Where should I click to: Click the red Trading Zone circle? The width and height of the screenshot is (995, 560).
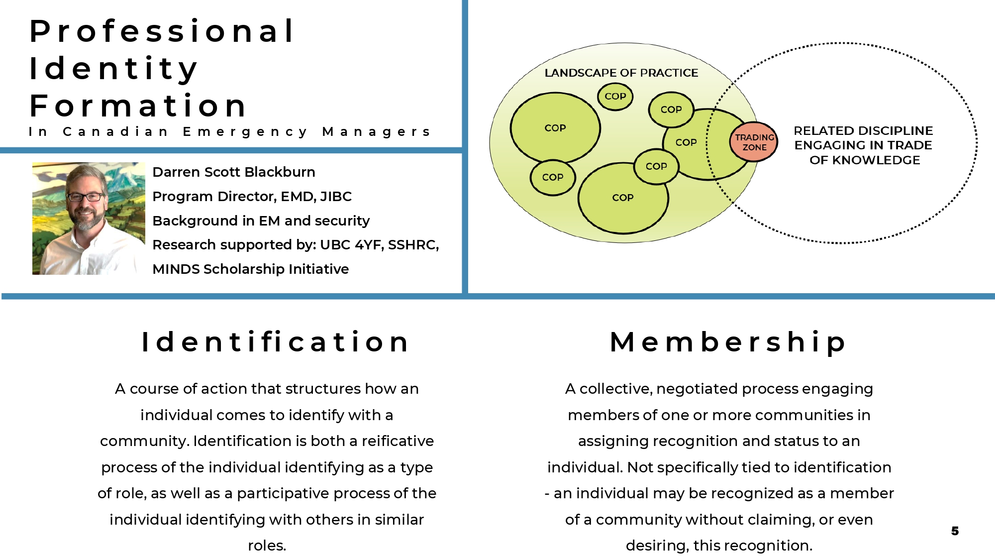754,142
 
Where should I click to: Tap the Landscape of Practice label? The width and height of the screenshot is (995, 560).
621,73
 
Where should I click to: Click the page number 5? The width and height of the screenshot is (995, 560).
955,531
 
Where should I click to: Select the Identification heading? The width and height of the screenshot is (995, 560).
276,342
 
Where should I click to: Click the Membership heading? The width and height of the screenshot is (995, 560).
728,343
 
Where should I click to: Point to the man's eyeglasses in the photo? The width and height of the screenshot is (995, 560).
86,197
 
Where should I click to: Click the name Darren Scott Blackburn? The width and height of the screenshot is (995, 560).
234,172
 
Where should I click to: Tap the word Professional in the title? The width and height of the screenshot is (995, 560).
162,31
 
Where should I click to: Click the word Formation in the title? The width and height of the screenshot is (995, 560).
138,106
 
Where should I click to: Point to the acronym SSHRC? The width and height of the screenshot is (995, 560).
413,245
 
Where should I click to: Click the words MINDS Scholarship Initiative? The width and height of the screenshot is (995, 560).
251,269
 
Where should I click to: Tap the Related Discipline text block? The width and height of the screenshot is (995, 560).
864,145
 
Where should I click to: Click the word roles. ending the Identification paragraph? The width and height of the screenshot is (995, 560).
267,546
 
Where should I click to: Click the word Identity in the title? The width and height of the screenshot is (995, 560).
114,69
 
